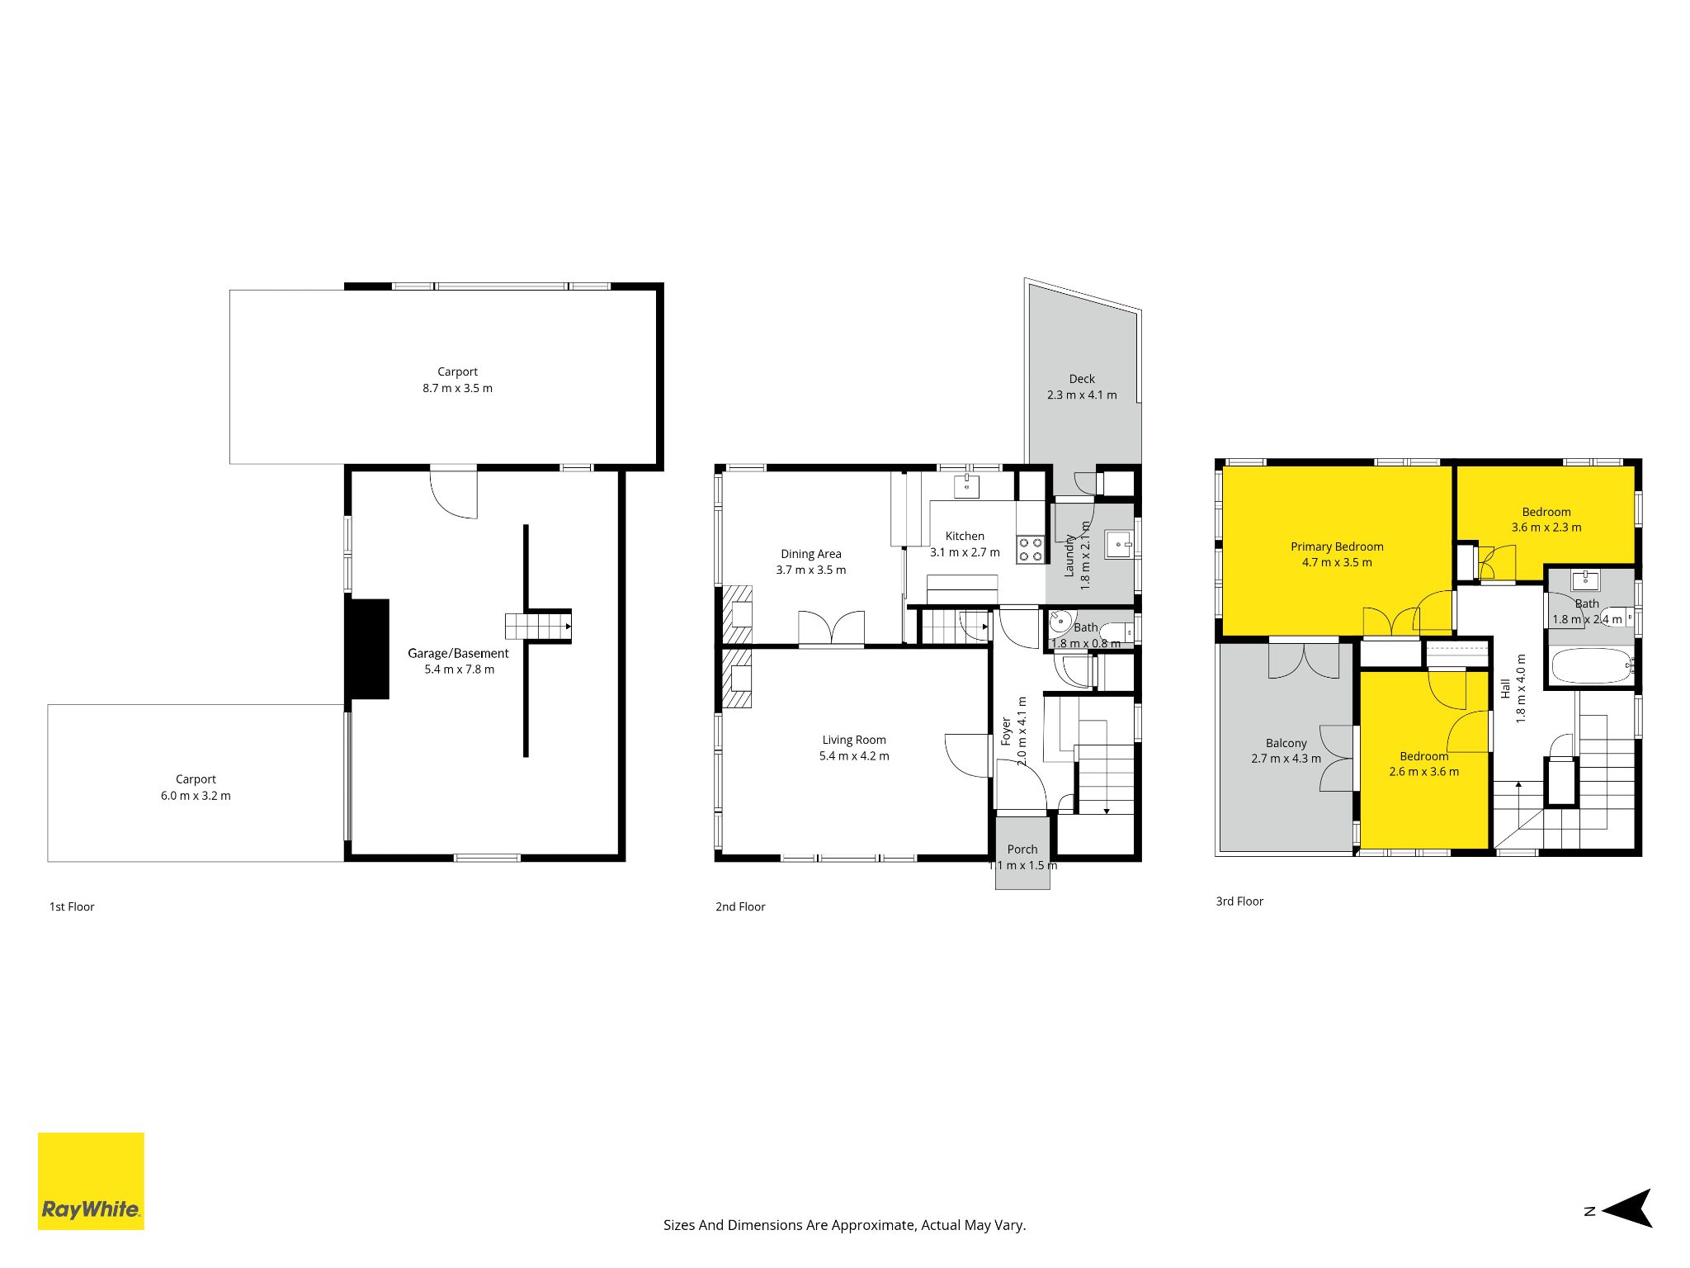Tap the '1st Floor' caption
click(72, 906)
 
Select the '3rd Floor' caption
click(1239, 901)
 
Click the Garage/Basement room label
click(458, 653)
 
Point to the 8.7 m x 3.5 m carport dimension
click(457, 388)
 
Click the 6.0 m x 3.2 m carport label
click(196, 796)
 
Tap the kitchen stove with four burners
click(1030, 550)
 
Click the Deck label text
click(1082, 379)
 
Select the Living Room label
click(854, 740)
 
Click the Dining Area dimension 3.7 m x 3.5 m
click(810, 570)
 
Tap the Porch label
click(1022, 849)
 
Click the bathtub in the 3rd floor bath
click(1591, 665)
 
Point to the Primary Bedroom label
click(1337, 546)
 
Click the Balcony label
click(1286, 743)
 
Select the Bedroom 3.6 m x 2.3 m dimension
click(1546, 528)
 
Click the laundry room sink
click(1119, 545)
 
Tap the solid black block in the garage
click(367, 649)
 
